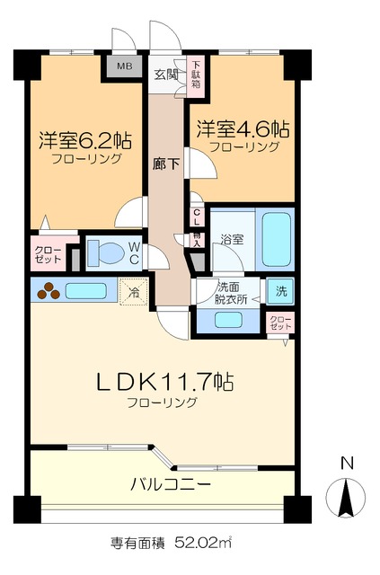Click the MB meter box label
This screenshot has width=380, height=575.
120,66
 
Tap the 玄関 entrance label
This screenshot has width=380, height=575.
164,75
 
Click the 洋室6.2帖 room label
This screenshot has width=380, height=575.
85,141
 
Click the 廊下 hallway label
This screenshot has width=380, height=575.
164,164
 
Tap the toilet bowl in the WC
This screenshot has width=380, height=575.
108,253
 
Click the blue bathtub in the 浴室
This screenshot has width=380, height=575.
275,240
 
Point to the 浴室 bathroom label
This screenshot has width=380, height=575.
231,240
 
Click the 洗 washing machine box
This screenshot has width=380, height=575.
280,291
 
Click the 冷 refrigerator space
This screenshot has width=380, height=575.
133,291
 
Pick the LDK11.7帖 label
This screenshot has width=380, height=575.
164,381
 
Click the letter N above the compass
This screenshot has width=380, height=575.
346,464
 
